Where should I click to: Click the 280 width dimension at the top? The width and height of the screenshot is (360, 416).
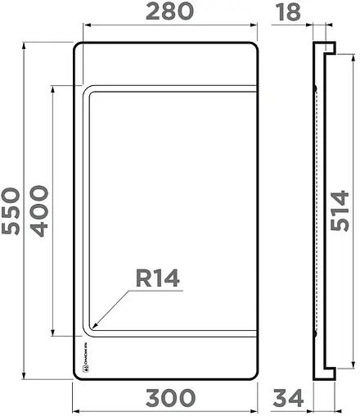click(169, 11)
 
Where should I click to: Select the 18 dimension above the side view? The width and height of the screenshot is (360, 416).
click(288, 11)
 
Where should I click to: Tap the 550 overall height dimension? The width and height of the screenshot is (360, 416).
click(11, 211)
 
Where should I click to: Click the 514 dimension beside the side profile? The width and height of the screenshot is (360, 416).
click(343, 211)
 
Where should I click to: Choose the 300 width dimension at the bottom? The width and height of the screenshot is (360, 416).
click(170, 398)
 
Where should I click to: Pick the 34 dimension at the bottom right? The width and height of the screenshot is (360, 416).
click(288, 398)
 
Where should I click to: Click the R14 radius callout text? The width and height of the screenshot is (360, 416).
click(156, 278)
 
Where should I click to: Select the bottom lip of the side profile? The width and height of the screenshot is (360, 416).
click(326, 375)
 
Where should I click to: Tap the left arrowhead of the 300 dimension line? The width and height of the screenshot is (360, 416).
click(75, 409)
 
